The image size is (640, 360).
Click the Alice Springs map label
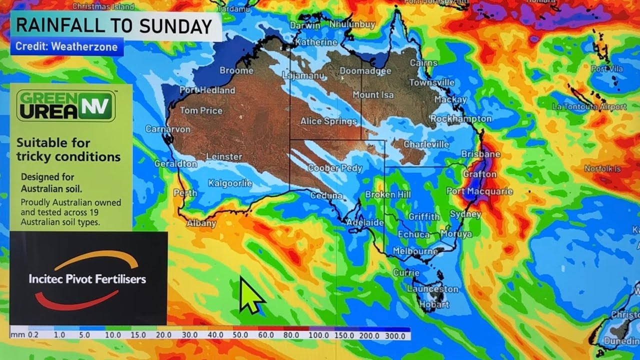(x=328, y=121)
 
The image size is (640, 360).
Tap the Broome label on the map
(x=236, y=70)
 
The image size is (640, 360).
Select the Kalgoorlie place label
(x=230, y=183)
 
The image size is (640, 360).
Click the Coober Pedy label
(x=334, y=168)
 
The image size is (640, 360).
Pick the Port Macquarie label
(x=479, y=191)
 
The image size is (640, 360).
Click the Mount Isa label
(x=373, y=94)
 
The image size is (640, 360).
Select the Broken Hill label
(x=387, y=194)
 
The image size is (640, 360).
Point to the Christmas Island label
(x=103, y=6)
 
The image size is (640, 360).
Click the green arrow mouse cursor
(x=250, y=295)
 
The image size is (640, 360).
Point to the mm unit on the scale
(x=18, y=335)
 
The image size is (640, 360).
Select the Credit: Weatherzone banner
(x=66, y=47)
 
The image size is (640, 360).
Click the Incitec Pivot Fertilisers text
(x=87, y=279)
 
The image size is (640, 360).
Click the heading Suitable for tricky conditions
(x=68, y=149)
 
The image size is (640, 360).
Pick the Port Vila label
(x=606, y=68)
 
